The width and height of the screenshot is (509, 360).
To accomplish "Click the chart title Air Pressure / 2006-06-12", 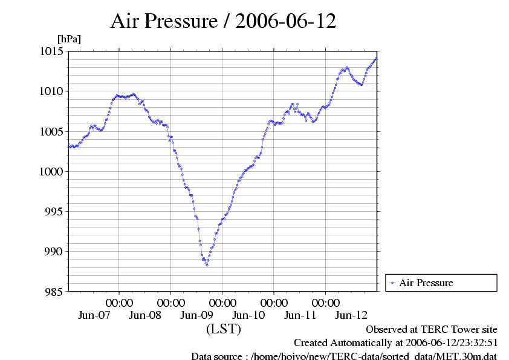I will click(223, 21).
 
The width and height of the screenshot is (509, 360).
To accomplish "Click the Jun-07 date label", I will click(94, 315).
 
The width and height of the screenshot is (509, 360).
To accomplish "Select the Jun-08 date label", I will click(146, 315).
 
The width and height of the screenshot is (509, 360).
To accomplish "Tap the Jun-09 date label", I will click(197, 315).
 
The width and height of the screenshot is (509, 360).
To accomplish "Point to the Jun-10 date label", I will click(248, 315).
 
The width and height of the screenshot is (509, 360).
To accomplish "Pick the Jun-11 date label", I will click(300, 315).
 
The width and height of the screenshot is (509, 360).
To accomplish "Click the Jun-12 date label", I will click(351, 315).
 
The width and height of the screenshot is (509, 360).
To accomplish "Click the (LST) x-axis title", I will click(223, 329).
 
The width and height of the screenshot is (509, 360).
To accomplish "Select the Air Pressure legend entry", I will click(426, 283).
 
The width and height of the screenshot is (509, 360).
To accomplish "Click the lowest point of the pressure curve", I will click(207, 265).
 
